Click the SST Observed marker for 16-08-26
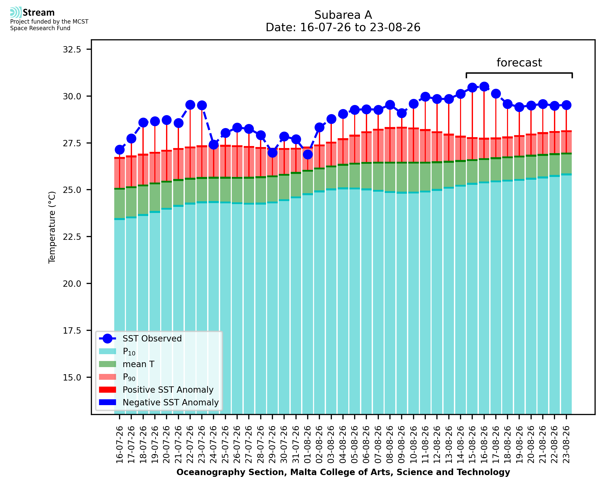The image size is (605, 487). click(484, 87)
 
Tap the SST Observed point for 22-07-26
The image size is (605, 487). click(190, 105)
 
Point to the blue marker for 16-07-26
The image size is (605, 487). click(120, 150)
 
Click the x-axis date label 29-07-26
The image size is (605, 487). click(272, 444)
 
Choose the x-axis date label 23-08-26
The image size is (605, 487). click(566, 444)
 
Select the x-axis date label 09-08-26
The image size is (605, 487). click(401, 444)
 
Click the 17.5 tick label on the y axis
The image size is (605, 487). click(72, 331)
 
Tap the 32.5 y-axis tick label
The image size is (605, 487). click(72, 49)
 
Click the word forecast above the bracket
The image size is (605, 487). click(519, 63)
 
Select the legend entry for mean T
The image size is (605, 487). click(127, 364)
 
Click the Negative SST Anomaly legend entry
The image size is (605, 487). click(159, 402)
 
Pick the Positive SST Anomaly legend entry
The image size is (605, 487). click(156, 390)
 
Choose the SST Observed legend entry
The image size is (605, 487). click(140, 339)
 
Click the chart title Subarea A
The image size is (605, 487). click(343, 15)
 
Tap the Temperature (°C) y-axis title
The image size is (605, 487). click(52, 227)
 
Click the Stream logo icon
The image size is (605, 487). click(16, 12)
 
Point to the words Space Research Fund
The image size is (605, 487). click(40, 28)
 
